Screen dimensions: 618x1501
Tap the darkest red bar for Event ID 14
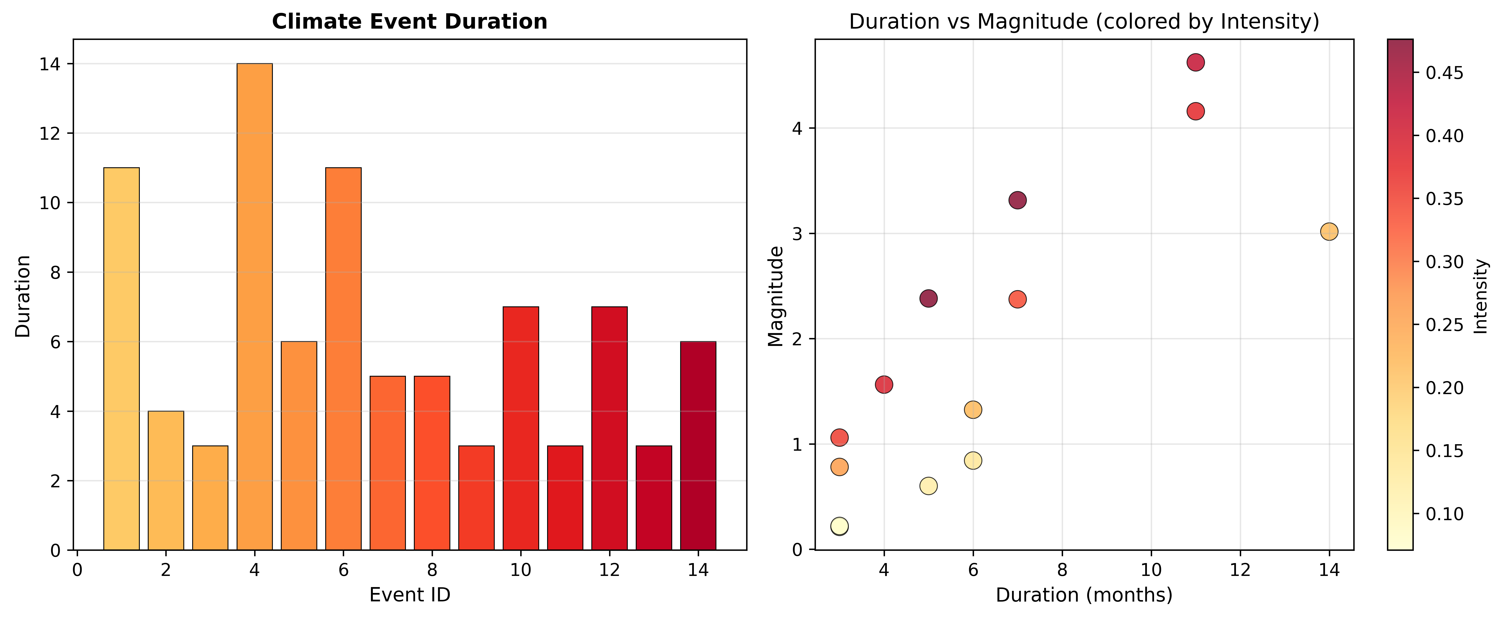(x=698, y=446)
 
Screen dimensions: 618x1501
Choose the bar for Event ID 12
(x=609, y=428)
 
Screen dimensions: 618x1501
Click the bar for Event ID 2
(x=166, y=481)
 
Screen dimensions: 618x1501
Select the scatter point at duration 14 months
(x=1329, y=232)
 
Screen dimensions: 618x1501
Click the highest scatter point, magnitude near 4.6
(x=1196, y=62)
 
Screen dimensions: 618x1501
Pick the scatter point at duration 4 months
(x=884, y=384)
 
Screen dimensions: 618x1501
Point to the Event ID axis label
(x=410, y=595)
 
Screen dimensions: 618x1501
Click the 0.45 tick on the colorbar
(x=1444, y=73)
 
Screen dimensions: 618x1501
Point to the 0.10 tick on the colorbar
(x=1444, y=514)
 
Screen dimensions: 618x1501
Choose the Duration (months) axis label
(x=1084, y=595)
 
